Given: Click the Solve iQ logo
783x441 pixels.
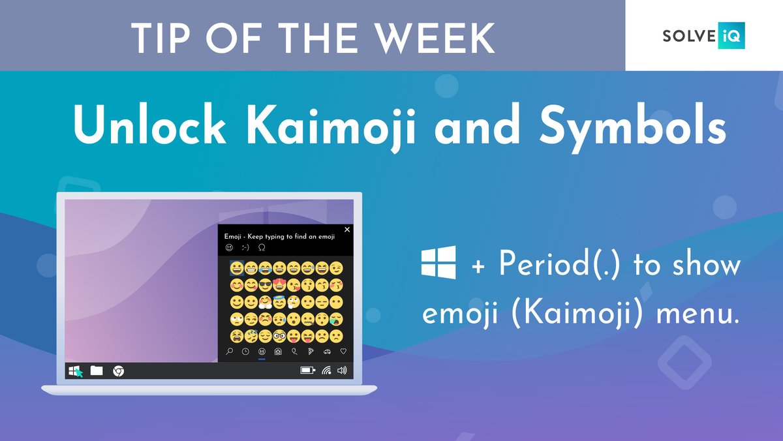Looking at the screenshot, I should click(x=703, y=36).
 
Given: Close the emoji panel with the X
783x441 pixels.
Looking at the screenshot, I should click(x=347, y=230).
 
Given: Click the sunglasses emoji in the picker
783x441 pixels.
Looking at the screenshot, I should click(x=264, y=284).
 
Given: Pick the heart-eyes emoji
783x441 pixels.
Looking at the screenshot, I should click(x=279, y=284).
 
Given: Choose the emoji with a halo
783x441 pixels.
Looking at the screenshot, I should click(x=279, y=302).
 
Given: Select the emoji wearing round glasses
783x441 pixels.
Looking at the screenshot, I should click(x=279, y=337).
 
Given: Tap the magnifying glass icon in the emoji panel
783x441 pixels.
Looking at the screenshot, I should click(x=229, y=351).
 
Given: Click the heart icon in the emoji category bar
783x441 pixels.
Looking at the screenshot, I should click(x=343, y=351).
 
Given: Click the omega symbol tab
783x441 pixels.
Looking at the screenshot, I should click(x=262, y=247).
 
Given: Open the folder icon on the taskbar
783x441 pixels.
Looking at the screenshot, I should click(x=97, y=371).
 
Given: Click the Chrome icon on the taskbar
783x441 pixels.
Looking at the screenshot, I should click(x=118, y=371).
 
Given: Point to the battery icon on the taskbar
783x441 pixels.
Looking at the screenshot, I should click(x=307, y=371).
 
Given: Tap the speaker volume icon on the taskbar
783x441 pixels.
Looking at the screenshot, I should click(x=342, y=371).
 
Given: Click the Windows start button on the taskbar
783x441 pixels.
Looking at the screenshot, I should click(x=74, y=371).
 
